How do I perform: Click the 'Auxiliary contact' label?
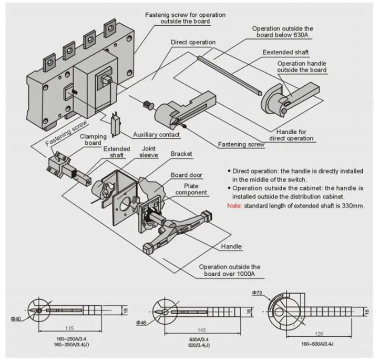pos(156,135)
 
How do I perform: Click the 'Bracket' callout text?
pos(181,154)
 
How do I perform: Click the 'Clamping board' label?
pos(90,139)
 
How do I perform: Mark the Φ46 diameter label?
pos(142,322)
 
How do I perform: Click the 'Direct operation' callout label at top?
pos(192,42)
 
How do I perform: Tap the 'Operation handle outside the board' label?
pos(302,66)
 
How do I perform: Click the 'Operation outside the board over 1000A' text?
pos(229,271)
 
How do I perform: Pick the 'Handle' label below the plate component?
pos(231,246)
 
